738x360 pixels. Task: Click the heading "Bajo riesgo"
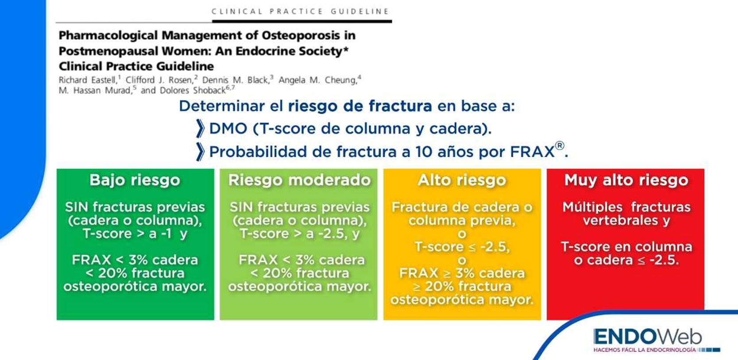pyautogui.click(x=135, y=180)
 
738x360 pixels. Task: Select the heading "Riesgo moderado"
pyautogui.click(x=299, y=180)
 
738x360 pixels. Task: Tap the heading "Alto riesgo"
pyautogui.click(x=462, y=180)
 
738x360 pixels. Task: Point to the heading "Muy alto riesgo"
pyautogui.click(x=626, y=180)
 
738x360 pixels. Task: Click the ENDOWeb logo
pyautogui.click(x=647, y=337)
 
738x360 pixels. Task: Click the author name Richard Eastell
pyautogui.click(x=87, y=80)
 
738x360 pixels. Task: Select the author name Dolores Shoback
pyautogui.click(x=193, y=91)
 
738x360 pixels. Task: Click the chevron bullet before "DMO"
pyautogui.click(x=200, y=128)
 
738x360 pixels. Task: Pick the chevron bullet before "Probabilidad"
pyautogui.click(x=200, y=151)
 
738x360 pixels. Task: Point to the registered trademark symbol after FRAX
pyautogui.click(x=560, y=146)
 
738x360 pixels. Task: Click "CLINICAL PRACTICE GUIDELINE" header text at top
pyautogui.click(x=300, y=12)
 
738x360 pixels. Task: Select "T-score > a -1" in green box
pyautogui.click(x=127, y=234)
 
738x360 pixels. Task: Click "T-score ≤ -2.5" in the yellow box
pyautogui.click(x=462, y=247)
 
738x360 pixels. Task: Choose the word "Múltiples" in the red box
pyautogui.click(x=592, y=207)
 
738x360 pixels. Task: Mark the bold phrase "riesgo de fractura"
pyautogui.click(x=360, y=106)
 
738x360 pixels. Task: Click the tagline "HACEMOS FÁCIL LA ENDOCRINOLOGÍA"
pyautogui.click(x=645, y=350)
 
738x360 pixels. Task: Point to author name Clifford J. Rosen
pyautogui.click(x=159, y=80)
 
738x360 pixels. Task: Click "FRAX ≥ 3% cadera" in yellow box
pyautogui.click(x=462, y=273)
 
